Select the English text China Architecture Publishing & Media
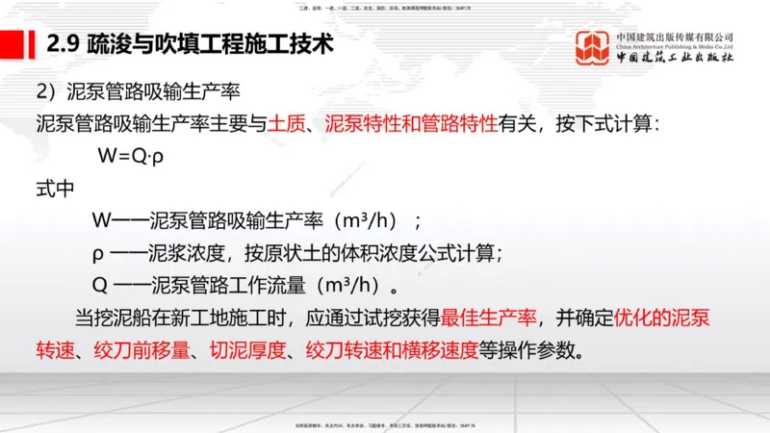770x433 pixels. pos(675,45)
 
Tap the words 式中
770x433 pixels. pos(55,189)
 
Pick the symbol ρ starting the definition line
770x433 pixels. pos(97,254)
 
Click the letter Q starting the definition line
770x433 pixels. pos(98,286)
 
